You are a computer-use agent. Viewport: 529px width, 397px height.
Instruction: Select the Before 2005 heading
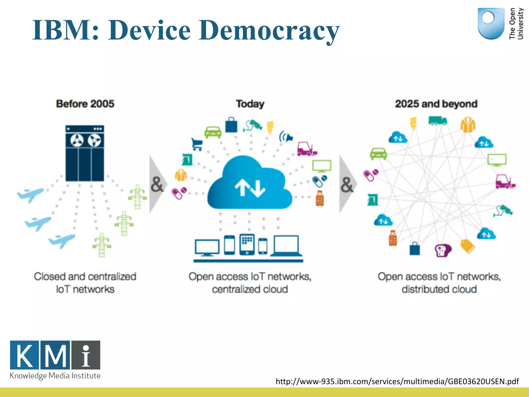click(x=85, y=104)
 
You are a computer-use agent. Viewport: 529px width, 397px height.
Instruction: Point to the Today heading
click(x=250, y=104)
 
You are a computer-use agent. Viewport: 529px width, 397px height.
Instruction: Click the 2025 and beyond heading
click(x=436, y=104)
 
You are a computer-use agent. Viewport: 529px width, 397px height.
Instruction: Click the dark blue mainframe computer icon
click(x=85, y=153)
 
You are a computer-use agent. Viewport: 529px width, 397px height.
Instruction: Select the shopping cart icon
click(x=197, y=144)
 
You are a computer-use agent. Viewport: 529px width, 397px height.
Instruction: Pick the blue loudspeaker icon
click(x=286, y=136)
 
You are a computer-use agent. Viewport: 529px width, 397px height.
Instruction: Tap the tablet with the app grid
click(x=247, y=244)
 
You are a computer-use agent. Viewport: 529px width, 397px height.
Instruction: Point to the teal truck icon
click(x=438, y=120)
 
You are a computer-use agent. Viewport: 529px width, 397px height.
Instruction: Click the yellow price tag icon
click(x=468, y=246)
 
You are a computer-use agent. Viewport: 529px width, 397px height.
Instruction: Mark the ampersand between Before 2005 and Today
click(x=157, y=185)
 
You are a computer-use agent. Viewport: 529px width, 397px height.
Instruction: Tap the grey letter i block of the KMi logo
click(x=86, y=355)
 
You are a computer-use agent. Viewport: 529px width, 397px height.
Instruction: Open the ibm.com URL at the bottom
click(x=397, y=381)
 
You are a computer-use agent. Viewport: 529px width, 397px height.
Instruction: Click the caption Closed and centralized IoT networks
click(x=85, y=283)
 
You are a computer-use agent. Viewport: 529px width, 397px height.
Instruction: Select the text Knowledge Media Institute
click(x=55, y=376)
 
